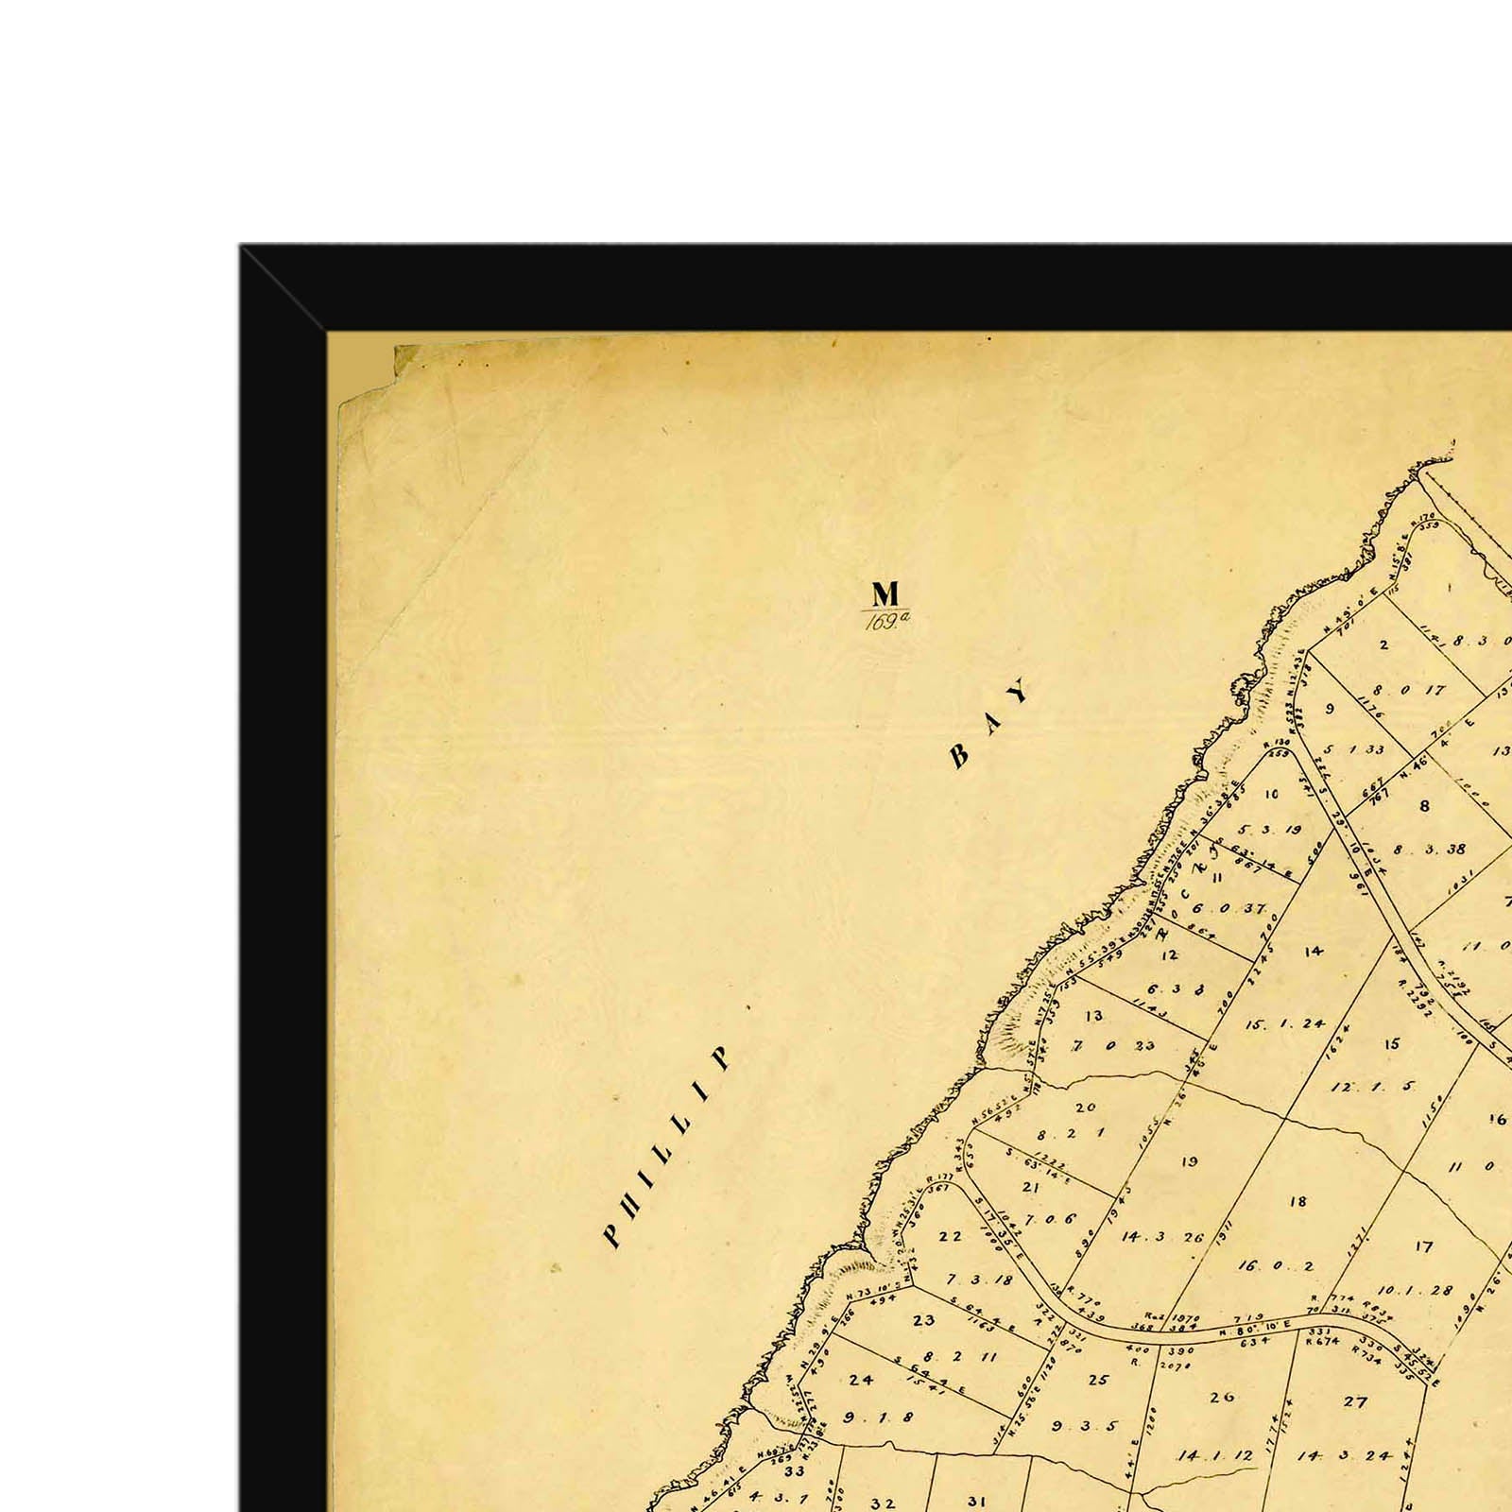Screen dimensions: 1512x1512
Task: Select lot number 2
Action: (x=1383, y=645)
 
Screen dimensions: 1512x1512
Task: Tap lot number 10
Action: (x=1271, y=794)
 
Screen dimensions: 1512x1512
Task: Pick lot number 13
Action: (x=1094, y=1016)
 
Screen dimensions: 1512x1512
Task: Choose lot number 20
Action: (x=1086, y=1108)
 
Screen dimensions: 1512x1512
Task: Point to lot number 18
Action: (x=1297, y=1201)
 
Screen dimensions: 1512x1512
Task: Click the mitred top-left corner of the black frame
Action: (x=283, y=288)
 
